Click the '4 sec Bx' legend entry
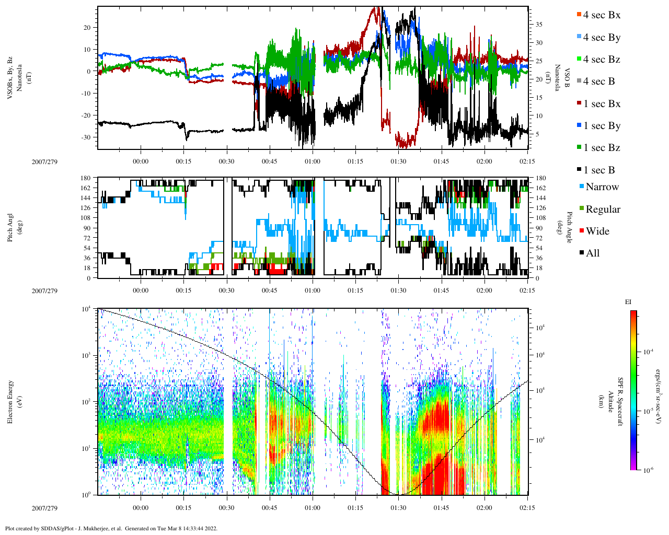pos(601,15)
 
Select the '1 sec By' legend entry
pos(601,126)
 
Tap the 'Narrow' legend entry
pos(602,187)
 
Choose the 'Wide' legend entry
pos(597,231)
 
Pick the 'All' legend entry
pos(592,253)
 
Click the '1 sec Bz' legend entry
pos(601,148)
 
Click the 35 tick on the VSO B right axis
pos(538,25)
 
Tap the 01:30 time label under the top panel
pos(398,161)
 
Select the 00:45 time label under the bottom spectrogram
pos(269,508)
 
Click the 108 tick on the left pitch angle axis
pos(86,218)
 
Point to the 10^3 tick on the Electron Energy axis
pos(86,355)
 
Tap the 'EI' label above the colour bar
pos(628,302)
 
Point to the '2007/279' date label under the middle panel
pos(44,290)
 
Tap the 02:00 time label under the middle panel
pos(484,290)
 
